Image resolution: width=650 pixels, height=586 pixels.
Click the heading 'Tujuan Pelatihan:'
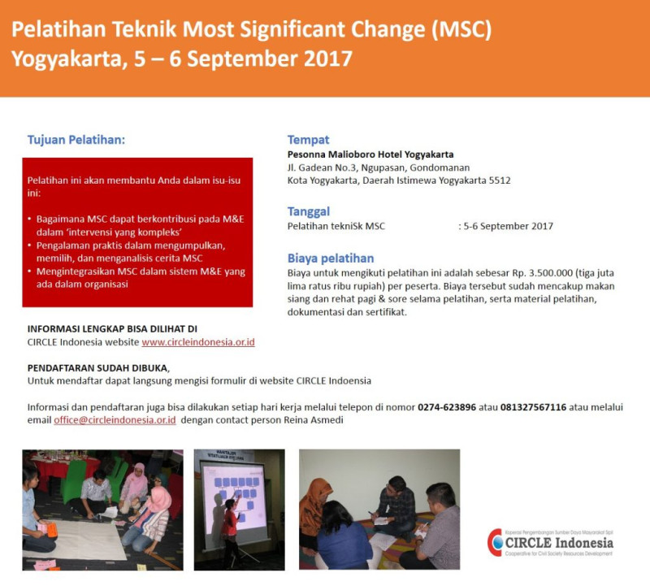[76, 140]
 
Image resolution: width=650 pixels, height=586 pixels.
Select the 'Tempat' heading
[308, 140]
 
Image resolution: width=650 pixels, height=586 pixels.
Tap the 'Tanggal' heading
[309, 211]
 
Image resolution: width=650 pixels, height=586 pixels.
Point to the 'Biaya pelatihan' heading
[331, 258]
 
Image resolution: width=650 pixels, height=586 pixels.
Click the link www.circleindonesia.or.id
[198, 342]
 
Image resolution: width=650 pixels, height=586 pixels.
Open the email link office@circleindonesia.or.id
[115, 420]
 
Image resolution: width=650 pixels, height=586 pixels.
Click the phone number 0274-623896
[447, 406]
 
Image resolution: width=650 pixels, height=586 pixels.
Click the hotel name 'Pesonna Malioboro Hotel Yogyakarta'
[370, 154]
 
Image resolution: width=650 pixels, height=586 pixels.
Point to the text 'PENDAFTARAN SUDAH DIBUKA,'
[98, 367]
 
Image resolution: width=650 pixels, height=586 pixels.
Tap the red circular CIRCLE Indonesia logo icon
[495, 542]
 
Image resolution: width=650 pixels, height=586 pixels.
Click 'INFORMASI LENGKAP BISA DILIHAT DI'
[112, 328]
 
